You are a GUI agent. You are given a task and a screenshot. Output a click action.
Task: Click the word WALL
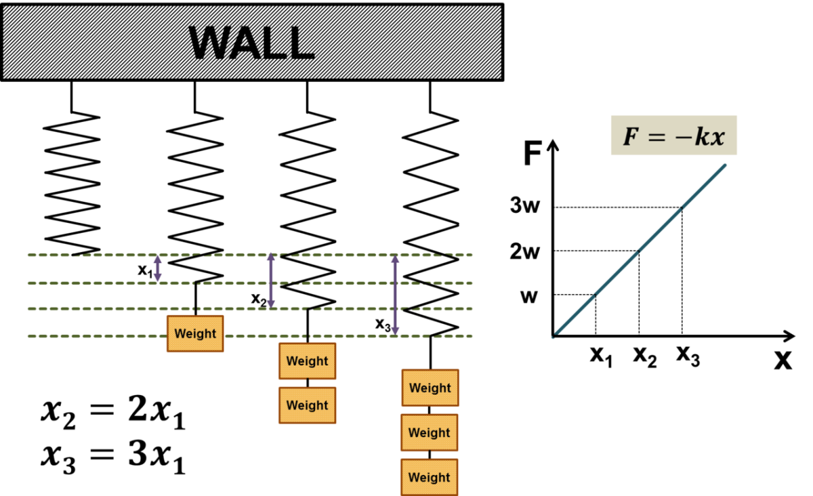tap(251, 43)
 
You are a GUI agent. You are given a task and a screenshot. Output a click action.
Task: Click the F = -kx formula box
tap(673, 136)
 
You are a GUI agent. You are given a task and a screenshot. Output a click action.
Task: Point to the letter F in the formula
tap(631, 137)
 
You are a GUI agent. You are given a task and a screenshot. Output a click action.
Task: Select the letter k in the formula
tap(701, 137)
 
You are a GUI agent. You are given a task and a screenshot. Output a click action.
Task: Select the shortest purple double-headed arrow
tap(157, 268)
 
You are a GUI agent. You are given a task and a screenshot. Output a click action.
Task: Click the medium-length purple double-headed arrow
tap(270, 281)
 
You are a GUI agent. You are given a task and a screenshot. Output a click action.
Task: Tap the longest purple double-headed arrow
tap(395, 295)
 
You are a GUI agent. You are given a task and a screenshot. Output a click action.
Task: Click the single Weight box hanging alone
tap(195, 333)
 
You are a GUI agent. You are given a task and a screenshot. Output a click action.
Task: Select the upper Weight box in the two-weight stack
tap(307, 361)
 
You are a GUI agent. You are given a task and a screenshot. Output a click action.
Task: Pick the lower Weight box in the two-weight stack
tap(307, 405)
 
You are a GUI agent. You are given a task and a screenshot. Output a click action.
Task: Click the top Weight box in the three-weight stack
tap(430, 388)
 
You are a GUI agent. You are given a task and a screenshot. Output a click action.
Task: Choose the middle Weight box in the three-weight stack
tap(429, 432)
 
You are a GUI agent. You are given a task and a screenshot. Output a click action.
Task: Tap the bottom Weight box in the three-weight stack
tap(429, 477)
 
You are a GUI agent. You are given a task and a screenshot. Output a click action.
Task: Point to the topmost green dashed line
tap(108, 255)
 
